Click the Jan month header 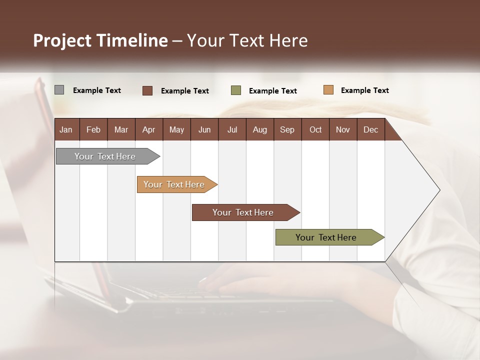(66, 129)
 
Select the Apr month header (149, 129)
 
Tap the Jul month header (232, 129)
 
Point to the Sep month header (287, 129)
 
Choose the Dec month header (370, 129)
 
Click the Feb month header (93, 129)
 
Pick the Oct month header (315, 129)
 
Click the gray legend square (59, 90)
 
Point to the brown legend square (147, 90)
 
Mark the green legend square (236, 90)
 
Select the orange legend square (328, 90)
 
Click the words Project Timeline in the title (100, 40)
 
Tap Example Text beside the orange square (364, 90)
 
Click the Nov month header (343, 129)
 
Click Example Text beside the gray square (97, 90)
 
